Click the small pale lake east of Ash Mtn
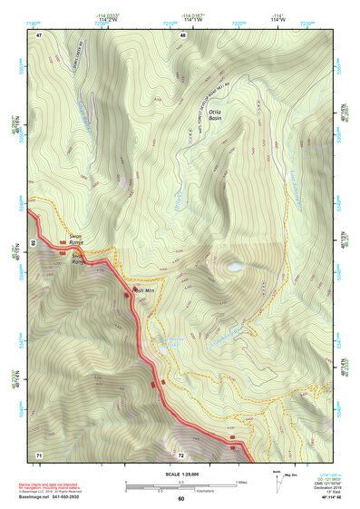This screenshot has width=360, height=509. click(x=234, y=268)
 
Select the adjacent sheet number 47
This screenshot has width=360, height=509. click(x=39, y=35)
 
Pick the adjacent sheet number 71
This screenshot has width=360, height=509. click(x=39, y=454)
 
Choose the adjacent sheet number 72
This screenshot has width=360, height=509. click(x=180, y=454)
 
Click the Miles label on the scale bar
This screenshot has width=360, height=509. click(x=241, y=482)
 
